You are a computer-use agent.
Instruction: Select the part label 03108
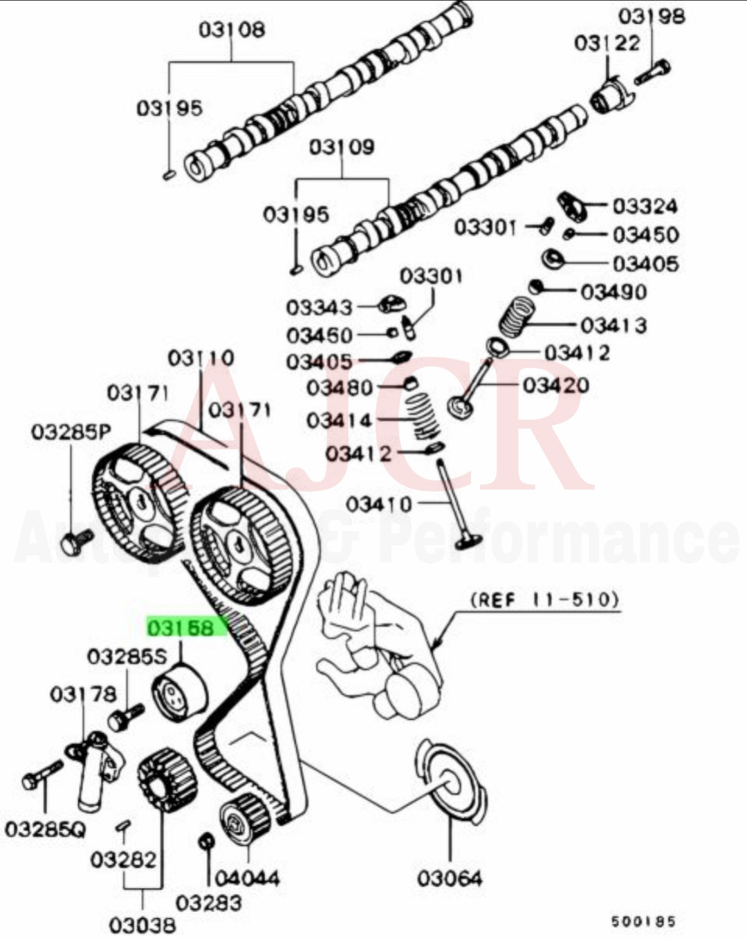click(232, 30)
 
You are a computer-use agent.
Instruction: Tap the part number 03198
click(651, 16)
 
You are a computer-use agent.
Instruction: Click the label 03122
click(607, 43)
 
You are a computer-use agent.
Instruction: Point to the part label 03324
click(645, 206)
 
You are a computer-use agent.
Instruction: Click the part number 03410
click(378, 504)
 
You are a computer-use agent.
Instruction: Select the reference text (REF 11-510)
click(544, 599)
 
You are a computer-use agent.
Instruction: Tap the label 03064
click(449, 878)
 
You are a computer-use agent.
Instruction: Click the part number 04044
click(247, 878)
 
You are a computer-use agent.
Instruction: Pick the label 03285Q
click(45, 828)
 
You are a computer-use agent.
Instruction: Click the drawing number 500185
click(643, 921)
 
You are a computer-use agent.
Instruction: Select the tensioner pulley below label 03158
click(178, 691)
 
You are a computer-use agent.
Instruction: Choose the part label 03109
click(342, 147)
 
